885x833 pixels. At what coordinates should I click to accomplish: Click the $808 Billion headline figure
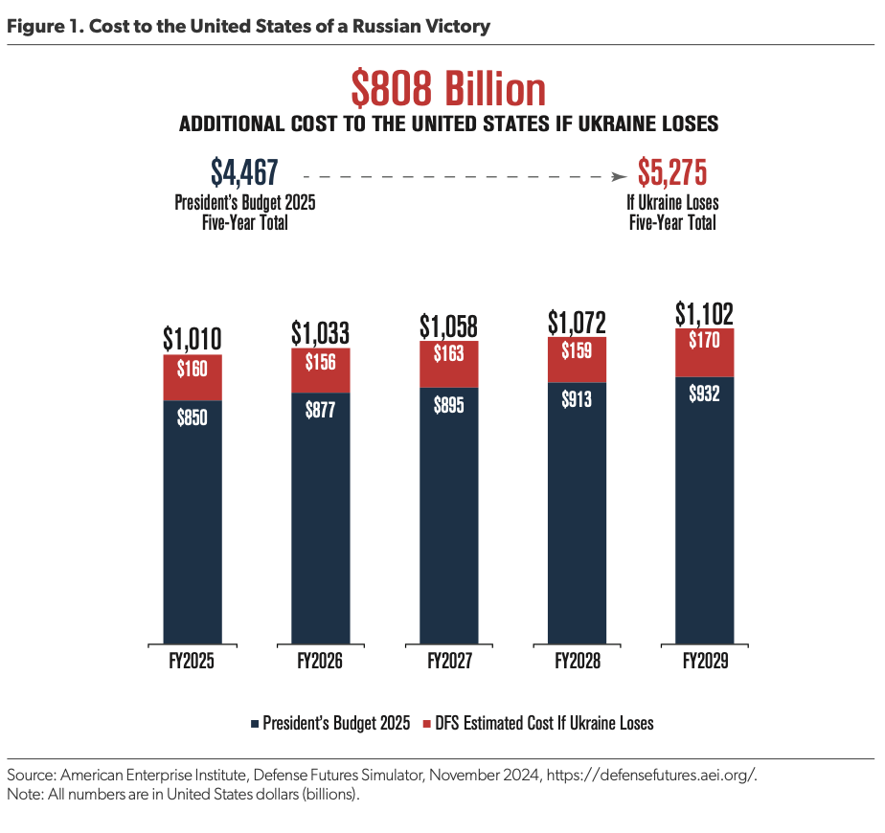tap(448, 90)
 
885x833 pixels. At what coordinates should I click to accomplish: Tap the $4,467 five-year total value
tap(244, 172)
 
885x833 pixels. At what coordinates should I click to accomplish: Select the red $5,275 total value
tap(672, 172)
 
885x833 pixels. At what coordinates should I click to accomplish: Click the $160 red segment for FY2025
tap(193, 376)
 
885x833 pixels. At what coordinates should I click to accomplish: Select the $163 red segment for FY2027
tap(448, 365)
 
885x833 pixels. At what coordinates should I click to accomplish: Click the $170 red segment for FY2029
tap(705, 352)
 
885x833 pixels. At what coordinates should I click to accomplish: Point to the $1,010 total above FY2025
tap(192, 339)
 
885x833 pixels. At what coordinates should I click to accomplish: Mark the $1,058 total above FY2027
tap(448, 326)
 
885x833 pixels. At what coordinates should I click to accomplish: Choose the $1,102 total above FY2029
tap(705, 313)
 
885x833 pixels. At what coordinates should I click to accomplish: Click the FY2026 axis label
tap(320, 662)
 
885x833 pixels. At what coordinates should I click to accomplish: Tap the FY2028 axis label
tap(577, 662)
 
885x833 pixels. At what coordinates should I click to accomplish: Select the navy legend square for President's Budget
tap(255, 723)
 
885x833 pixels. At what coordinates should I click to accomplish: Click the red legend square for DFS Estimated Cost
tap(426, 723)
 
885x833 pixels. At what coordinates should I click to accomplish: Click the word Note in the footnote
tap(23, 795)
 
